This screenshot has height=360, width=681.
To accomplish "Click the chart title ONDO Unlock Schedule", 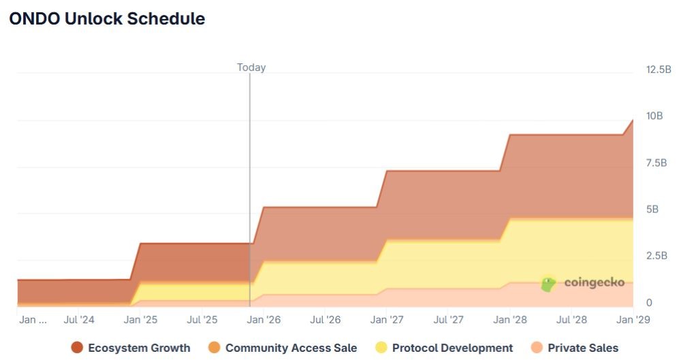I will [107, 19].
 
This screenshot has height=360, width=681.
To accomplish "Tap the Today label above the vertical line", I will [251, 67].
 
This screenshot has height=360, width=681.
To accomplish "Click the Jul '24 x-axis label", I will [79, 319].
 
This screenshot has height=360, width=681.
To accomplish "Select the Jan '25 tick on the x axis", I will [141, 319].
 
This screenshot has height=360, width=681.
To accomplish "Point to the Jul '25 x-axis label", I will [202, 319].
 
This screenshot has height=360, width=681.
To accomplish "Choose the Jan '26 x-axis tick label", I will [264, 319].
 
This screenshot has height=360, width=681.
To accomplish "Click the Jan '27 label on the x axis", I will [387, 319].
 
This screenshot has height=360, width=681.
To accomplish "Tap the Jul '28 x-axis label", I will [572, 319].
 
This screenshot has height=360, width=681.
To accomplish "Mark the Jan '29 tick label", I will [633, 319].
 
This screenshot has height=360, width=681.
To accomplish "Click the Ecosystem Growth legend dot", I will [77, 348].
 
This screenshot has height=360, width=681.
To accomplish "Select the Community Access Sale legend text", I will [291, 348].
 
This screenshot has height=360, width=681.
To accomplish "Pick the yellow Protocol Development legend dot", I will [381, 348].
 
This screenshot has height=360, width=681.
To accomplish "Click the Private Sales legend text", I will [583, 348].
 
